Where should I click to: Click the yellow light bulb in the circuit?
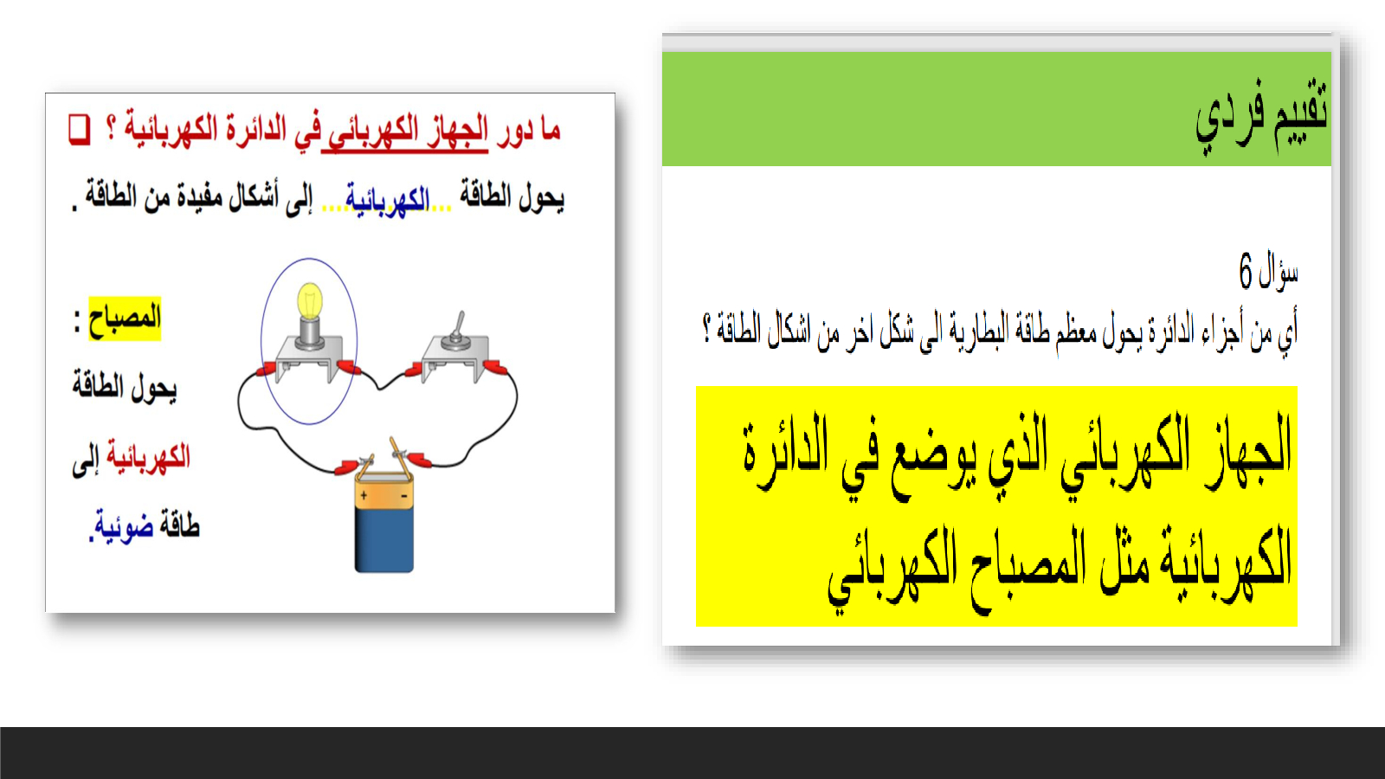point(310,301)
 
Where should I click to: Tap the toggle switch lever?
point(459,325)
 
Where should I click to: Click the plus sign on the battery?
point(364,495)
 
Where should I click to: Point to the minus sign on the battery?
point(403,495)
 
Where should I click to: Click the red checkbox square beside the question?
point(79,130)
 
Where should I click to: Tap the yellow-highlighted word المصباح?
point(125,319)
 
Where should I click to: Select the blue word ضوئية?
point(122,526)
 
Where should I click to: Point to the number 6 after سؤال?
point(1246,270)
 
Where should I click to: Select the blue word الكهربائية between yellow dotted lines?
point(387,199)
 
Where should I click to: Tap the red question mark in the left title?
point(112,128)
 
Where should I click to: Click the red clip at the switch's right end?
point(496,368)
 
